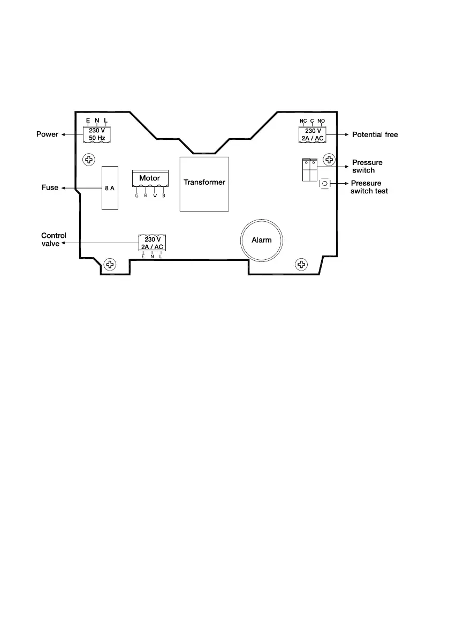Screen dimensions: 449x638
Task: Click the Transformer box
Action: click(204, 184)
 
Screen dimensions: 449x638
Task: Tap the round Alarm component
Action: click(262, 240)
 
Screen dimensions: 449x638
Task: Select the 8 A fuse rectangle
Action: click(110, 188)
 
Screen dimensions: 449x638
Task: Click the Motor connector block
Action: click(150, 178)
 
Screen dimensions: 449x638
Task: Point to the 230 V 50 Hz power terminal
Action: click(97, 134)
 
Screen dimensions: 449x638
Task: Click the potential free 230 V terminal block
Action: click(313, 134)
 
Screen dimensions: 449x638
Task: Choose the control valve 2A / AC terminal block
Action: click(153, 243)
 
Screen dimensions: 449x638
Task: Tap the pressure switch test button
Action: click(325, 184)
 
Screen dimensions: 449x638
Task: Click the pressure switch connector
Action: click(310, 170)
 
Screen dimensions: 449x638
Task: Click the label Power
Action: click(47, 134)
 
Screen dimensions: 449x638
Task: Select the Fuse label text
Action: click(50, 187)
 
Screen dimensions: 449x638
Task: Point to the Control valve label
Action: click(53, 239)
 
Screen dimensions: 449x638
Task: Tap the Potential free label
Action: click(375, 134)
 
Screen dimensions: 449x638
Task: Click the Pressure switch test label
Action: click(369, 187)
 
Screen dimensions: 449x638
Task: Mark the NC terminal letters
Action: click(303, 121)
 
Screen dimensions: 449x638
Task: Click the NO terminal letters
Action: click(321, 121)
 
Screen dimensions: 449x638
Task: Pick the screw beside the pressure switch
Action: click(330, 160)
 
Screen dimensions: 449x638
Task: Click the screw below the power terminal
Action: click(89, 160)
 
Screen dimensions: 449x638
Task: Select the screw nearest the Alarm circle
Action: click(301, 265)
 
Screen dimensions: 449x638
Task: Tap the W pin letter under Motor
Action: click(155, 196)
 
